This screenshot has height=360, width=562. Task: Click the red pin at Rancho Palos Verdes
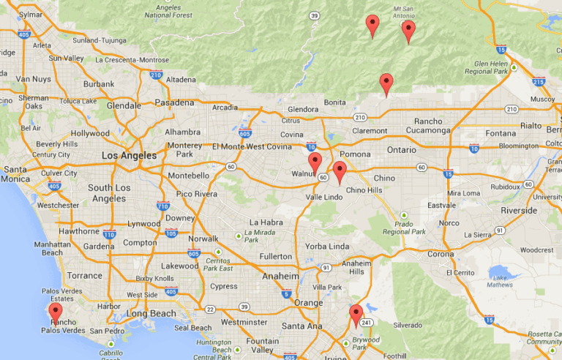56,312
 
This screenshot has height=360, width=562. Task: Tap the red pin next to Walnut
315,162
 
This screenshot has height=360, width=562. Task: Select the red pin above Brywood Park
356,315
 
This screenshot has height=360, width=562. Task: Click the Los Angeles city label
129,156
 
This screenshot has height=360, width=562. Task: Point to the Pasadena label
174,103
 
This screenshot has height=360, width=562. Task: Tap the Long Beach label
151,314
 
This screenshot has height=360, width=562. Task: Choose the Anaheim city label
280,277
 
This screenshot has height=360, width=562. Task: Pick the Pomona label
355,154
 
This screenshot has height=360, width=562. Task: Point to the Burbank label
99,84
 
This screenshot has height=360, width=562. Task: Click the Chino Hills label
364,190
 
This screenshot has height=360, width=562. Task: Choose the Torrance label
85,276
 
